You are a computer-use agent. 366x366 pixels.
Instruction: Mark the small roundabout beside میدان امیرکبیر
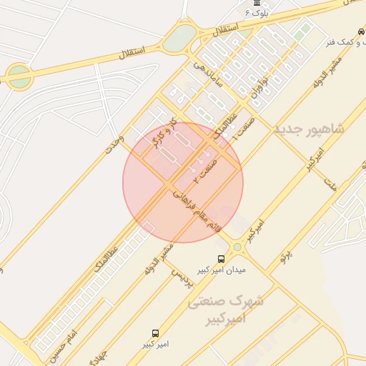point(237,247)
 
